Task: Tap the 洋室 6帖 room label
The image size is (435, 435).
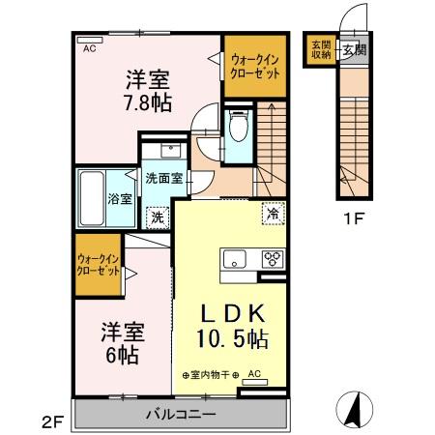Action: point(122,343)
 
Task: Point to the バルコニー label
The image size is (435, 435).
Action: point(180,416)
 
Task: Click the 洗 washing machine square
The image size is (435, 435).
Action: point(155,217)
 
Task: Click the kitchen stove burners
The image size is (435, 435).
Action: point(272,258)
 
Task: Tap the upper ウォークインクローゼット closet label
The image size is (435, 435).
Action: point(255,66)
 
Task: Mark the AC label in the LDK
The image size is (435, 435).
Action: point(255,373)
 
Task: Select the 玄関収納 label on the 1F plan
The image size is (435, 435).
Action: point(320,49)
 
